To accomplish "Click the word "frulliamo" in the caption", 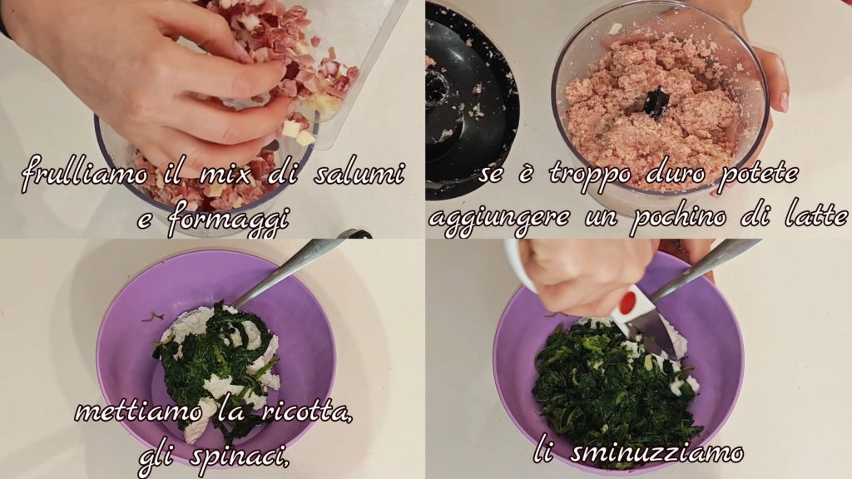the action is coord(84,174).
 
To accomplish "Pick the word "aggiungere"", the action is coord(499,220).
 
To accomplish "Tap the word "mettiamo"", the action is coord(138,411).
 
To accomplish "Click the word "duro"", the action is coord(675,173).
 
